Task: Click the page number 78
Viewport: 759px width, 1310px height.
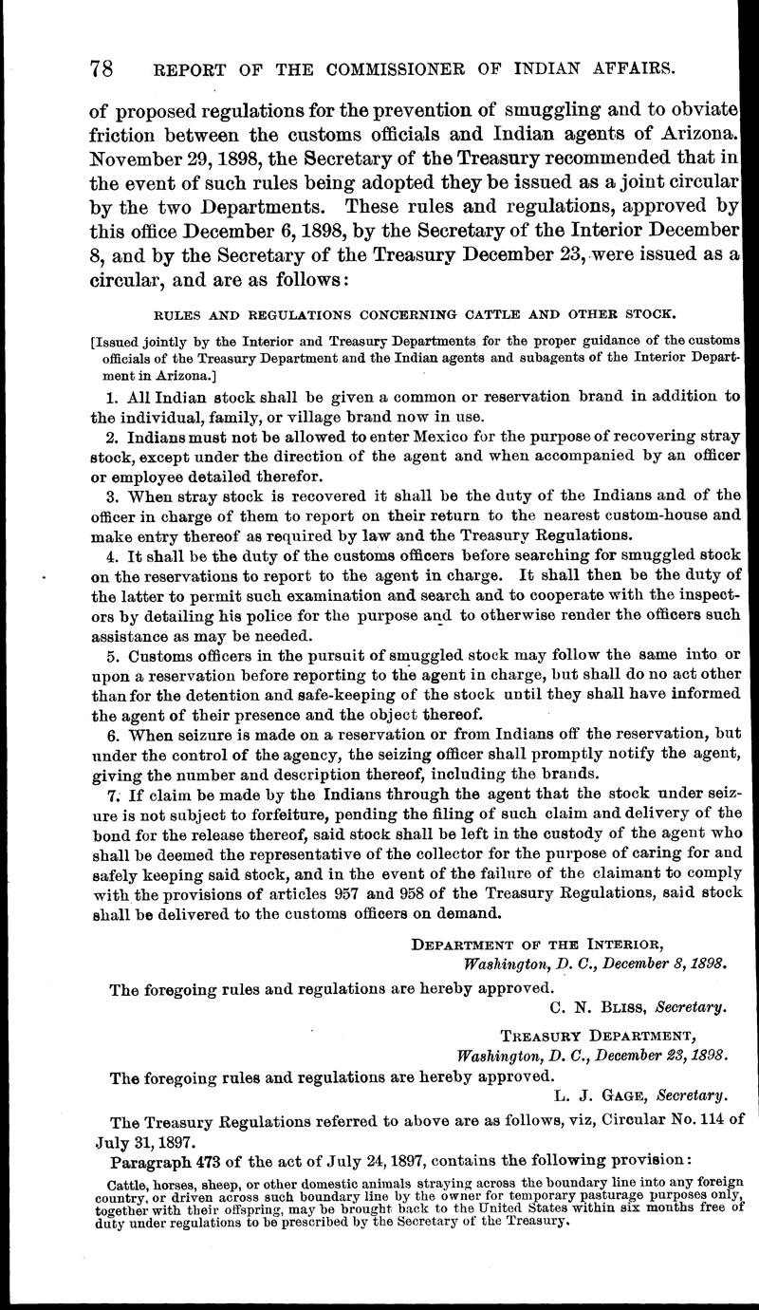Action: [102, 69]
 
